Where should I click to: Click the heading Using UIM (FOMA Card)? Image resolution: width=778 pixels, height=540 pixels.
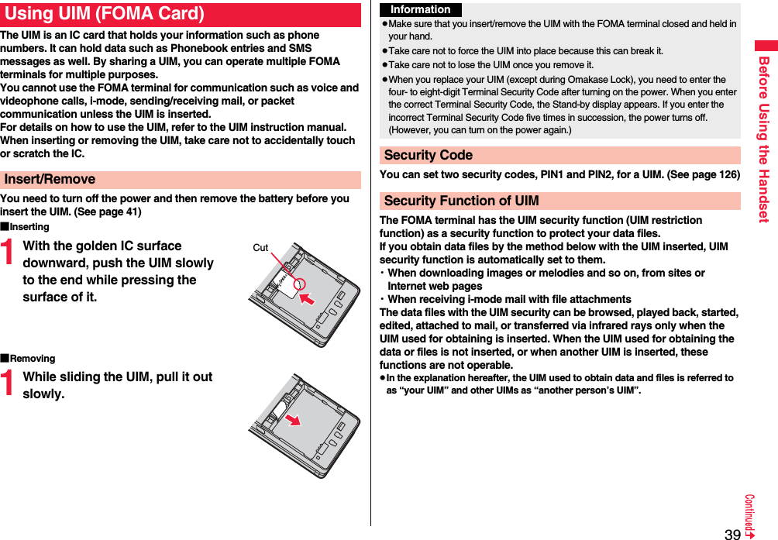click(105, 14)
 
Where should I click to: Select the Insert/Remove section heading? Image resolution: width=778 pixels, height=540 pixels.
click(50, 179)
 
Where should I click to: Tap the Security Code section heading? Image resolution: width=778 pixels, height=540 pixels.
click(429, 155)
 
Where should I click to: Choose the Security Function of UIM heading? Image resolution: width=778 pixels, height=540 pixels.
click(462, 201)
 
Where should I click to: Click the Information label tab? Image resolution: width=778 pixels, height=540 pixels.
click(421, 10)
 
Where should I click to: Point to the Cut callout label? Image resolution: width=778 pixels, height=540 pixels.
click(260, 248)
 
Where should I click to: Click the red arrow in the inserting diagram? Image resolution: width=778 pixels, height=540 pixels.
click(308, 298)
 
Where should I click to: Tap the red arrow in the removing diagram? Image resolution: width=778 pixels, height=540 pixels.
click(292, 419)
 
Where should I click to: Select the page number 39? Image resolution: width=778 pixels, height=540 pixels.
click(732, 534)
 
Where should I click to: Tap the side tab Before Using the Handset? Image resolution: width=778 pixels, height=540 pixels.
click(763, 139)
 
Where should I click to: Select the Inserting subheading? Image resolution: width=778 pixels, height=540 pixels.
click(29, 227)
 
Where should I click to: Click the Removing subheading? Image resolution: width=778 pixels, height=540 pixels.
click(32, 359)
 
